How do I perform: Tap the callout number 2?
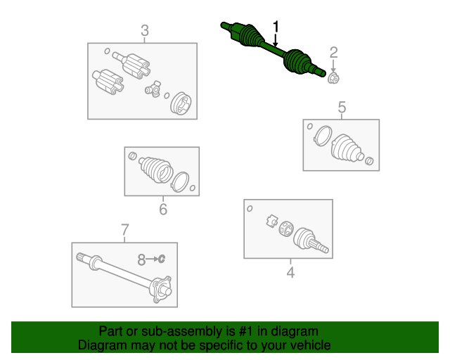click(333, 53)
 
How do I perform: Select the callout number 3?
click(145, 30)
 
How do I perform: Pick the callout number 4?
click(290, 272)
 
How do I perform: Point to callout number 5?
click(342, 107)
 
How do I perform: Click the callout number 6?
click(163, 209)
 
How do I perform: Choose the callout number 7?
click(125, 230)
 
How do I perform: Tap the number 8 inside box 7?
click(141, 259)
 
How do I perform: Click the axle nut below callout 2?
click(333, 78)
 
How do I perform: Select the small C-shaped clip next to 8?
click(162, 259)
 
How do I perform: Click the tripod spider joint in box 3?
click(153, 89)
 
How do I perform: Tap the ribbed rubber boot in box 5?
click(347, 148)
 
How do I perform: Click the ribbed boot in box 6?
click(156, 169)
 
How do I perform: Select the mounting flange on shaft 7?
click(160, 290)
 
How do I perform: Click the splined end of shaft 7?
click(84, 257)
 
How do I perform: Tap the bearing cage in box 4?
click(286, 229)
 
